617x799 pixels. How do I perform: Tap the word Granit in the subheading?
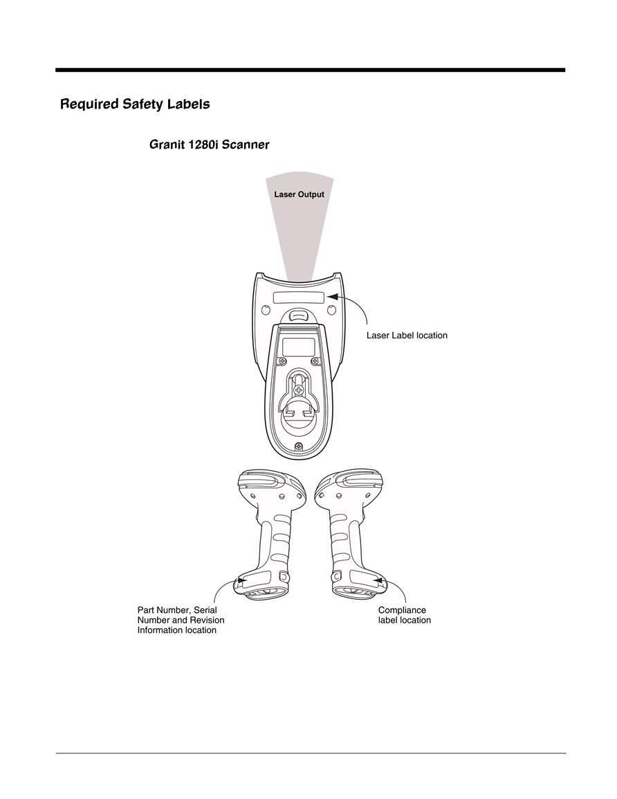tap(167, 145)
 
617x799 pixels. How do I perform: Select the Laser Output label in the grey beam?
tap(299, 194)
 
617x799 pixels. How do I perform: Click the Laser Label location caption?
tap(407, 336)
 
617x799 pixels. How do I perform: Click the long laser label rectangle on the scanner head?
tap(299, 297)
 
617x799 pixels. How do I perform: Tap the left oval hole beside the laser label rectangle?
tap(266, 310)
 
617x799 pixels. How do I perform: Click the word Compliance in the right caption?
tap(402, 610)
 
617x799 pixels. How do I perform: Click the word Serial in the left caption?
tap(205, 610)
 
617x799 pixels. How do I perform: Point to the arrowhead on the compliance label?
tap(378, 580)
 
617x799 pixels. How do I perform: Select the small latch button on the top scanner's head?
tap(299, 315)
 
